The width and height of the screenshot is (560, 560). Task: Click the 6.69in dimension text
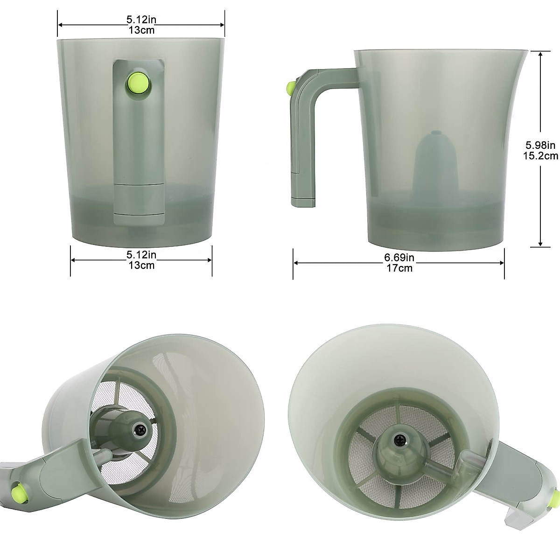click(x=399, y=258)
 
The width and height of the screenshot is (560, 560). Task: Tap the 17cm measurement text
click(x=399, y=268)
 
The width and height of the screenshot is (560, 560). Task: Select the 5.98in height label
click(x=540, y=144)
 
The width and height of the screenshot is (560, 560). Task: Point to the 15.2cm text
click(x=541, y=156)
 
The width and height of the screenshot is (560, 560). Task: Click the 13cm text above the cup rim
click(x=141, y=30)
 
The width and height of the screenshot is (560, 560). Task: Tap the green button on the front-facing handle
click(x=139, y=84)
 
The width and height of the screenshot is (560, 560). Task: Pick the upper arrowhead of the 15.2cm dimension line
click(x=540, y=54)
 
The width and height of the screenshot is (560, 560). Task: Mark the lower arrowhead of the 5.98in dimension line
click(x=540, y=244)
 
